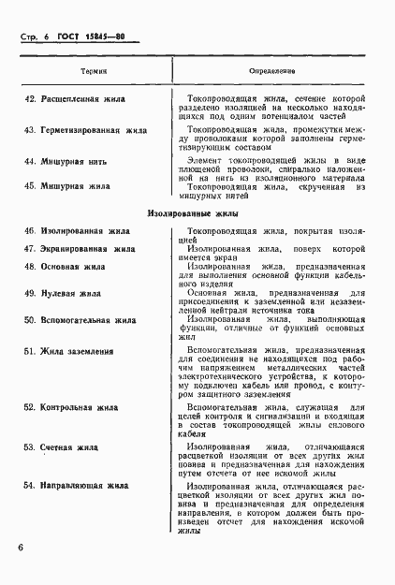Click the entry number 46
point(30,230)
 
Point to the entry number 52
point(30,408)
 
